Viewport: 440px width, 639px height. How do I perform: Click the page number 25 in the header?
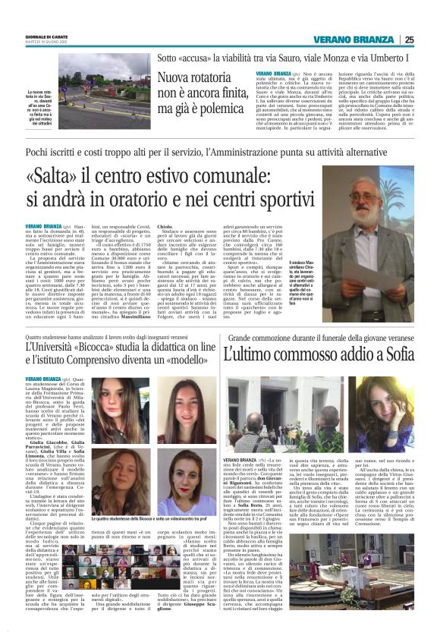pyautogui.click(x=409, y=40)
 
